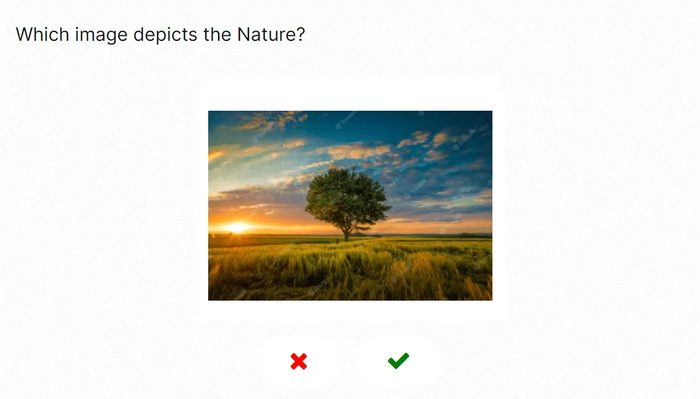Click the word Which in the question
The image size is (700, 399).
[43, 34]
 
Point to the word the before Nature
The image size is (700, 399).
[217, 34]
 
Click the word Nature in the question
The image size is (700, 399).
[265, 34]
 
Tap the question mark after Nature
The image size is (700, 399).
[300, 34]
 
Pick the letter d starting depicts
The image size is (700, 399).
[140, 34]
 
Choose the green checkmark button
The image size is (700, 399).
[398, 361]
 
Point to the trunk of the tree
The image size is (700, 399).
[346, 234]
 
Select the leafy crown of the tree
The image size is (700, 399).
[346, 196]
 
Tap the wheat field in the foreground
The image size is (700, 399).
[350, 272]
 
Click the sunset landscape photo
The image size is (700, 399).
[350, 205]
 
